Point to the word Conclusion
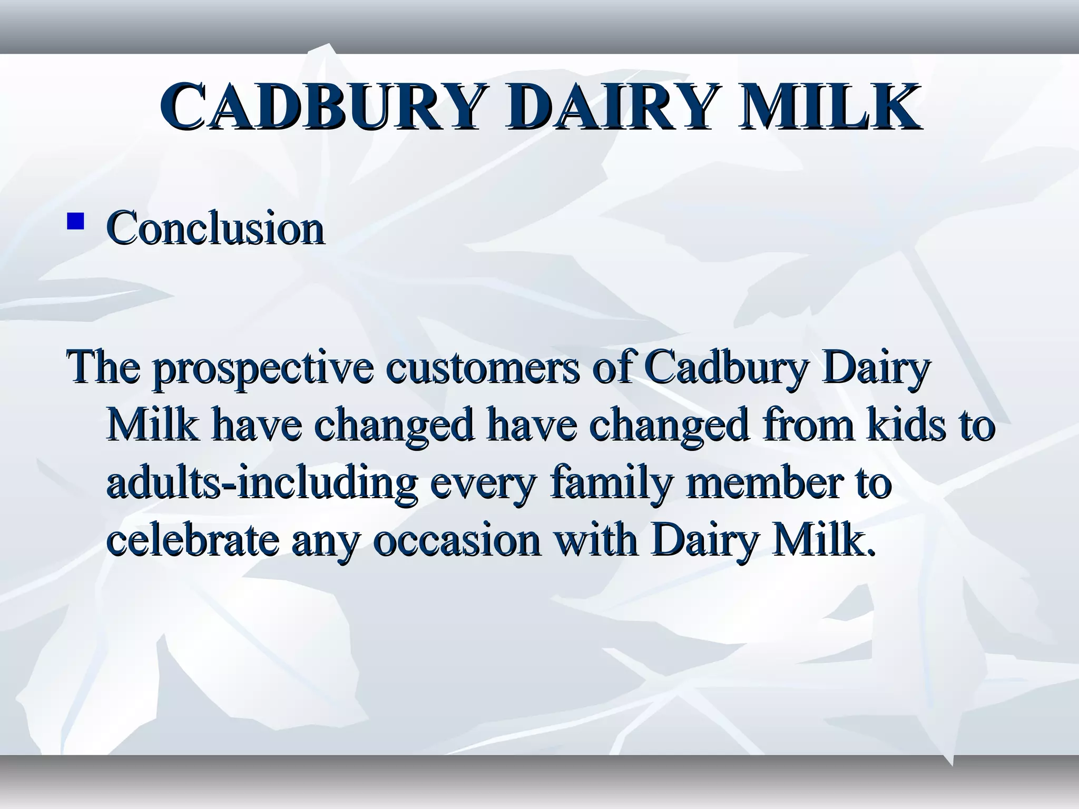(x=215, y=228)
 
